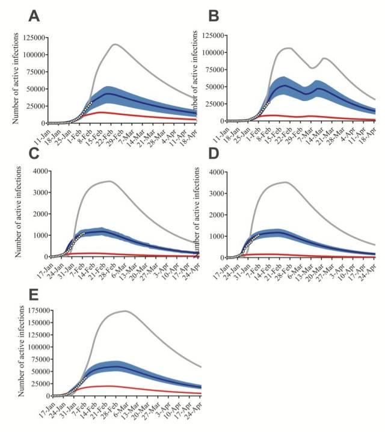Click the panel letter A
(x=34, y=16)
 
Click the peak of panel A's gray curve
(x=114, y=44)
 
